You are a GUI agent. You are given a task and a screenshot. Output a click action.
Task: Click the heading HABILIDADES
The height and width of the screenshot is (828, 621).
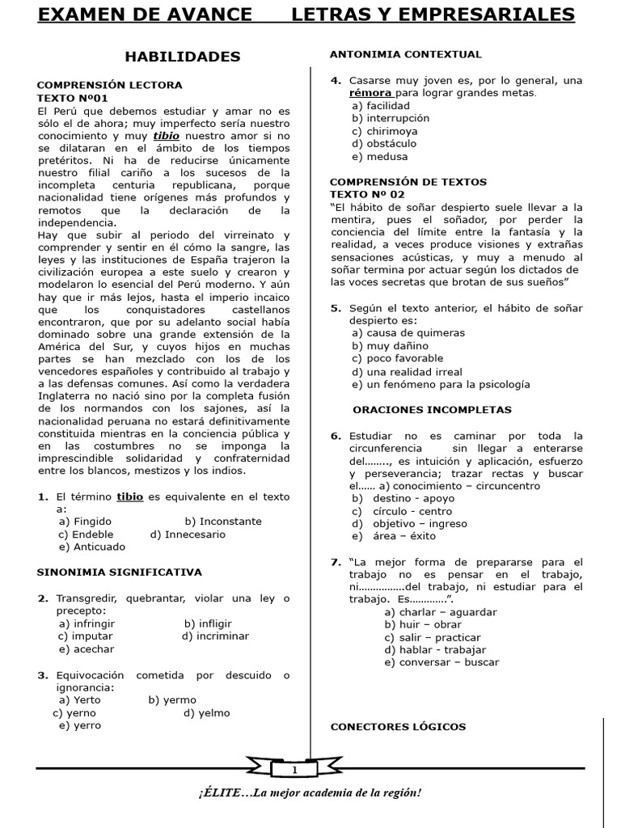pos(182,57)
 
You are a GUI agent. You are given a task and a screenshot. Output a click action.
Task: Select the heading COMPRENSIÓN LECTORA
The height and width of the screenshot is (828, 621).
pos(110,85)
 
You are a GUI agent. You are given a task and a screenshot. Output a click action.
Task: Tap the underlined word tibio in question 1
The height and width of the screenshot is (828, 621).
pos(130,496)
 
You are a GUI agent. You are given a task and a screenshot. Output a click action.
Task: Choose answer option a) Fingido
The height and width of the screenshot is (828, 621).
pos(85,522)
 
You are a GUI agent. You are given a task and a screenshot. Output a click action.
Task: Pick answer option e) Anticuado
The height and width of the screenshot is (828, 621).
pos(92,547)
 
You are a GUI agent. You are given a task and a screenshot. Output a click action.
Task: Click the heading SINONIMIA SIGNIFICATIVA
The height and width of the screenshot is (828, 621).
pos(119,572)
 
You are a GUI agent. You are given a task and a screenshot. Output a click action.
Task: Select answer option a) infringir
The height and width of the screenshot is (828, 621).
pos(87,623)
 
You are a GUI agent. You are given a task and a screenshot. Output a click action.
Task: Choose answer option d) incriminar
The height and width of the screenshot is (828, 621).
pos(215,636)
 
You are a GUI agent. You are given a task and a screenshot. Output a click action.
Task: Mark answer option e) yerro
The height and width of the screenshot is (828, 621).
pos(80,725)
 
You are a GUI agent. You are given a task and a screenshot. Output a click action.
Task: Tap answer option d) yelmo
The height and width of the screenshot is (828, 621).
pos(206,713)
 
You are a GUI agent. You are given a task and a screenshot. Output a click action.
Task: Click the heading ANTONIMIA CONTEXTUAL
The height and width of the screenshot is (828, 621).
pos(406,55)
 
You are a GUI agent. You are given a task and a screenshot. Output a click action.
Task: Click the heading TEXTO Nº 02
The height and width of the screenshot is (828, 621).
pos(367,195)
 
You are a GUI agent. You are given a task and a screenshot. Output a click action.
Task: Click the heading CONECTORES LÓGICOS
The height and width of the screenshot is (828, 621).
pos(398,727)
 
